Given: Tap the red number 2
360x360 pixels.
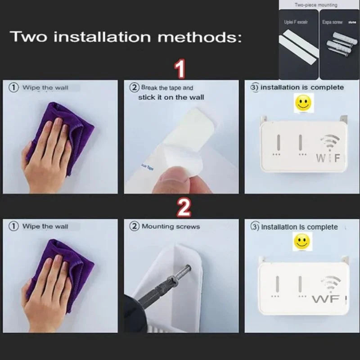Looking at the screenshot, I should pos(183,208).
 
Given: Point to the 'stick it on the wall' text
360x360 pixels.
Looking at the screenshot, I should pos(171,97).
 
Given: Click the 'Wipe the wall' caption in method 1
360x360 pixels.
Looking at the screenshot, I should pos(45,88).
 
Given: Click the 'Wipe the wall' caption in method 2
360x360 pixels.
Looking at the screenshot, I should pos(45,226).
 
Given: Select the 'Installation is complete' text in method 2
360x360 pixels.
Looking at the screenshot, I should pos(299,227).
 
